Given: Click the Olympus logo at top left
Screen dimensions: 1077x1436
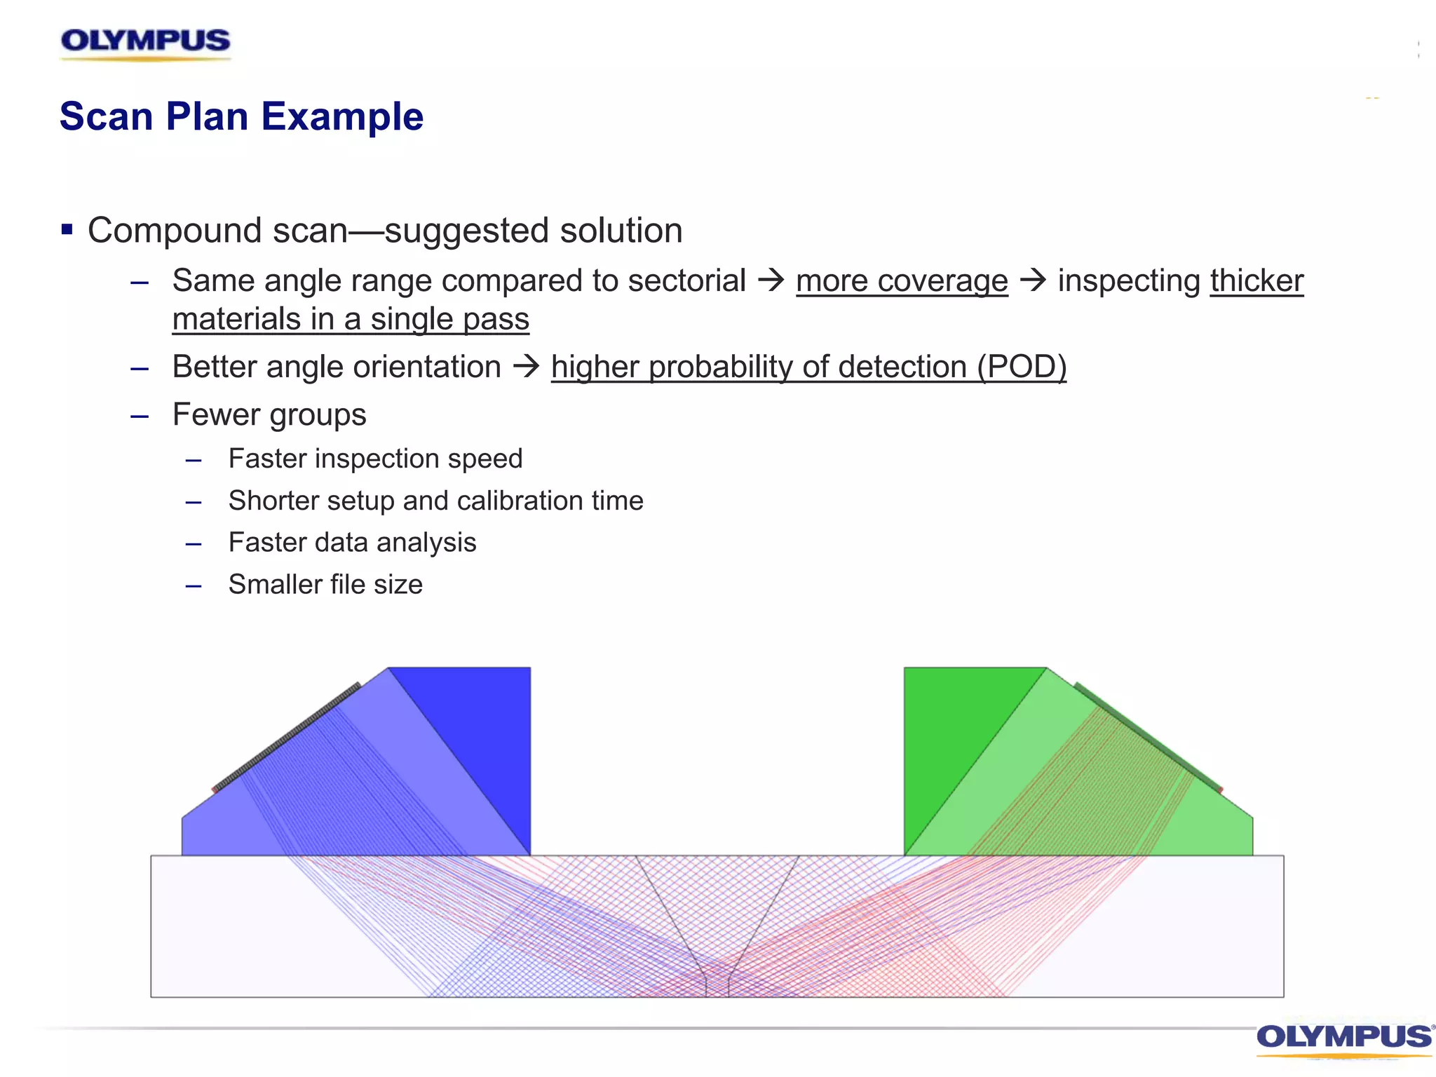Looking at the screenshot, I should point(145,42).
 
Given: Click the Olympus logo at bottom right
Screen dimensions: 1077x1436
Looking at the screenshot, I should point(1343,1038).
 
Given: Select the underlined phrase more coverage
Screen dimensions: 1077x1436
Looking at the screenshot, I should point(902,281).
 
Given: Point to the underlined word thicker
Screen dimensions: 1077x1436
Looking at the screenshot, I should point(1256,281).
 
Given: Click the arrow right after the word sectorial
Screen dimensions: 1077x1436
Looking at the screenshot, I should point(771,280).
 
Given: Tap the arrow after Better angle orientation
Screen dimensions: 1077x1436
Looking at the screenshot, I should point(526,367).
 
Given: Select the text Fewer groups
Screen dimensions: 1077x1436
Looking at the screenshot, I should point(269,414).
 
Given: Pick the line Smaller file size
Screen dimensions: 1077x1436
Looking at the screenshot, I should point(325,584).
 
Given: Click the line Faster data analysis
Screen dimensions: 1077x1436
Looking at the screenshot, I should point(352,542).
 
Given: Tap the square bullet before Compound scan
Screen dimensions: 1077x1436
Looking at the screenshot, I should point(67,229).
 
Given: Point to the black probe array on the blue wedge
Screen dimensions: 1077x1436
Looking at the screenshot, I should point(286,738).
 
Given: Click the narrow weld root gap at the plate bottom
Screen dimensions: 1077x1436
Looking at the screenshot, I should point(717,985).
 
